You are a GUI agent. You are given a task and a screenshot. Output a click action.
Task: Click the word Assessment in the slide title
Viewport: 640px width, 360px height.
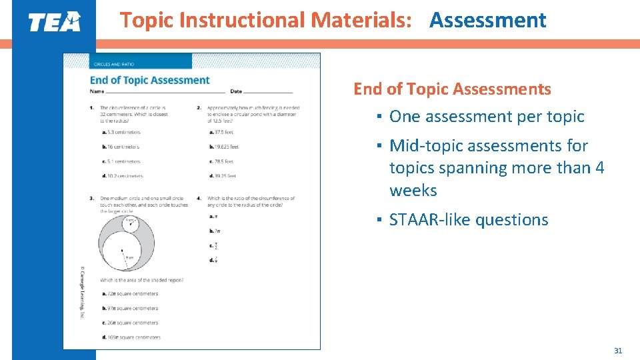(487, 21)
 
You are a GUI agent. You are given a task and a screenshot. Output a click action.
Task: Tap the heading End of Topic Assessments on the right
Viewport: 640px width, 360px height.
(452, 89)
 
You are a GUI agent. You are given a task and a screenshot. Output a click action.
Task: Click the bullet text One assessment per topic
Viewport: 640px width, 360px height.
(487, 117)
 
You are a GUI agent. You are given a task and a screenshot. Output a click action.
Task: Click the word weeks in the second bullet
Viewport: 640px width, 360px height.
(413, 191)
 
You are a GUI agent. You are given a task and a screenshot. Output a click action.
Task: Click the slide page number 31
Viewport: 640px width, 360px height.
(617, 351)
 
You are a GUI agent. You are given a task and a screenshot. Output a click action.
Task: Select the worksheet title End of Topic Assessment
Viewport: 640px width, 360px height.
(149, 80)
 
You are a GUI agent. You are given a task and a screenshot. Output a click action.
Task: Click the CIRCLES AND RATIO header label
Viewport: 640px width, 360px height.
(114, 64)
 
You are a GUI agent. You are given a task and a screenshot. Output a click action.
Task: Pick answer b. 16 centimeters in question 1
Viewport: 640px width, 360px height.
(121, 147)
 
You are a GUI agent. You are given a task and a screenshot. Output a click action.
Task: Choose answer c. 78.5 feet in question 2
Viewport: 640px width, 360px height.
(221, 161)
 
